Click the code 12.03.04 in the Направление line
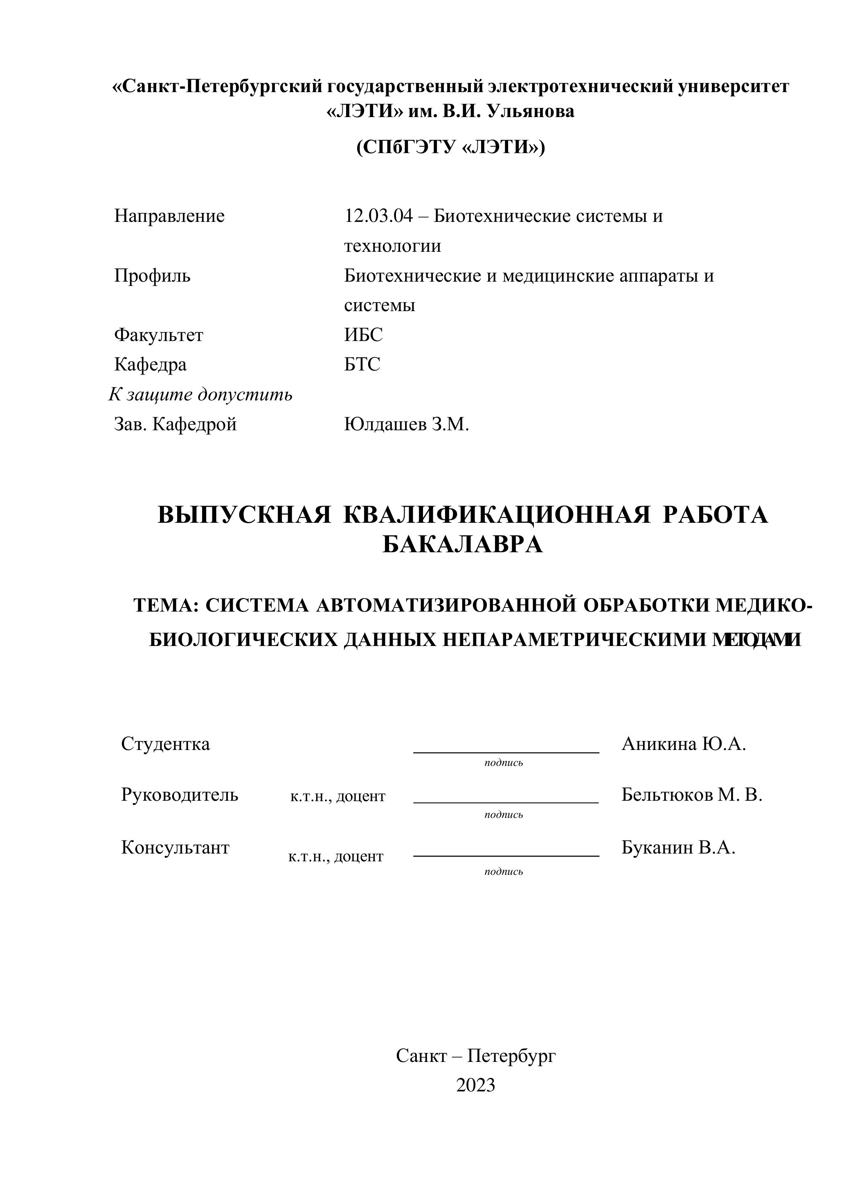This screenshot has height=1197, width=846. (378, 216)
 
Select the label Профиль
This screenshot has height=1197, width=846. (152, 275)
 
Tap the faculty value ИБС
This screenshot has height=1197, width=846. (363, 335)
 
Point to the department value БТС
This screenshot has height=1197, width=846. (362, 364)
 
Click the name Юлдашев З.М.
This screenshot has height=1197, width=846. (406, 425)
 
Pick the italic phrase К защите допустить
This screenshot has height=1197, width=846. (200, 395)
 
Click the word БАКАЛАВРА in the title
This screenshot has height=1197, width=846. (463, 545)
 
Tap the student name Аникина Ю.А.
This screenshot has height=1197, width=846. (684, 744)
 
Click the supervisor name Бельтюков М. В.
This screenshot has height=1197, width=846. (692, 795)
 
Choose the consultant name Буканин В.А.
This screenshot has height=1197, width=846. (678, 848)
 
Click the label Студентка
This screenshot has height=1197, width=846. (166, 744)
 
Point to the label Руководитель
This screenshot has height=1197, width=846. (180, 795)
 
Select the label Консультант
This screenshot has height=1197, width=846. (175, 848)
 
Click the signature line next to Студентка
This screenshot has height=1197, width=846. (506, 752)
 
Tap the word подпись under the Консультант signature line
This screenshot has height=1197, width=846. (503, 871)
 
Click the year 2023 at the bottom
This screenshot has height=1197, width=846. (475, 1085)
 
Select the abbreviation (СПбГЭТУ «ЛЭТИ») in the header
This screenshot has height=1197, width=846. (450, 147)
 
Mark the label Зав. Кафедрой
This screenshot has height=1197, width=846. (175, 425)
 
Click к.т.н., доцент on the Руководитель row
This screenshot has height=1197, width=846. (337, 797)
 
